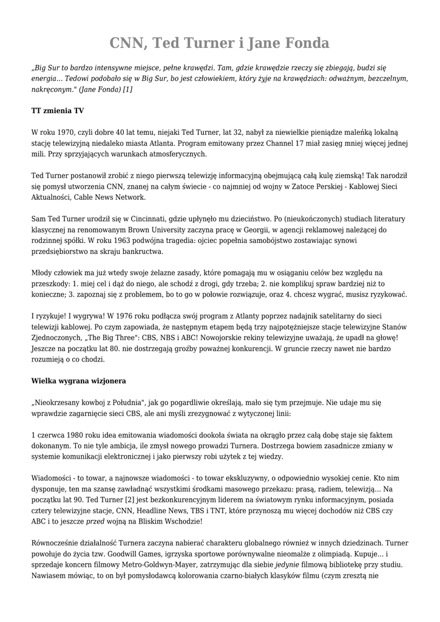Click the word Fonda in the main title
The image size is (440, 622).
[302, 44]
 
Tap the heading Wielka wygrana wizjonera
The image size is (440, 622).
[78, 381]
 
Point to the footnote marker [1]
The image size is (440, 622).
[127, 89]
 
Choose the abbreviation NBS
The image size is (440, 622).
[188, 338]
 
